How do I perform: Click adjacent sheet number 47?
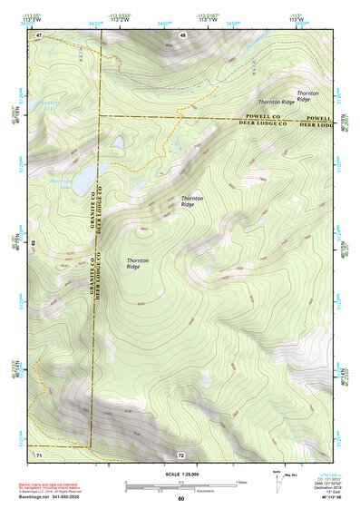point(39,34)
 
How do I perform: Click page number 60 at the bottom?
point(180,498)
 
